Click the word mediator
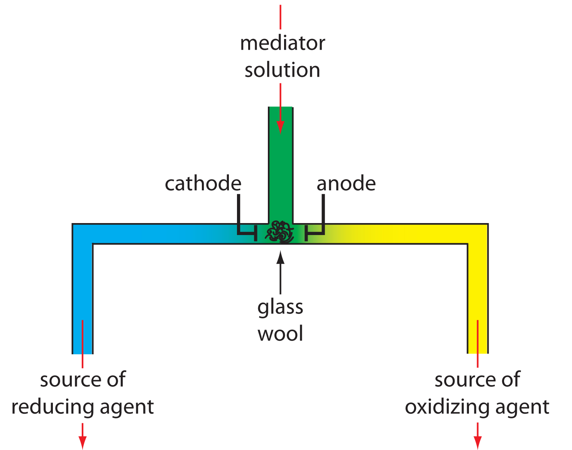283,43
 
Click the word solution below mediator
283,70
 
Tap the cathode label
203,183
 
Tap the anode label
346,183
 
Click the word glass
280,308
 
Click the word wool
280,334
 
